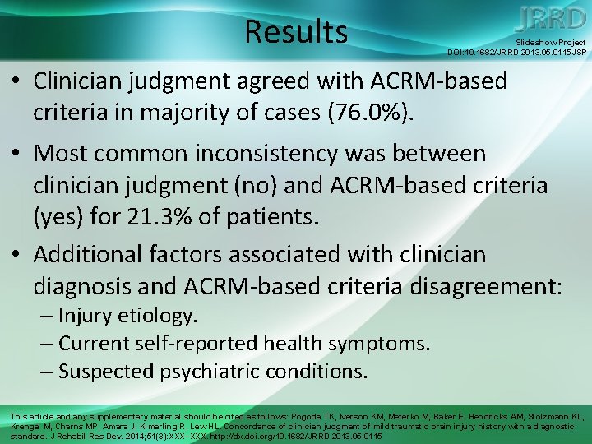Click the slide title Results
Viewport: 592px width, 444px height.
click(x=296, y=31)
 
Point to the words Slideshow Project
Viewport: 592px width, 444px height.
click(x=550, y=42)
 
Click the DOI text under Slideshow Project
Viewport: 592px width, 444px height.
click(x=516, y=52)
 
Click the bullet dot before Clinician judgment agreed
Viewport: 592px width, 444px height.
click(x=17, y=82)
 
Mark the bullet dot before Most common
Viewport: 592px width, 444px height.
click(x=17, y=154)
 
